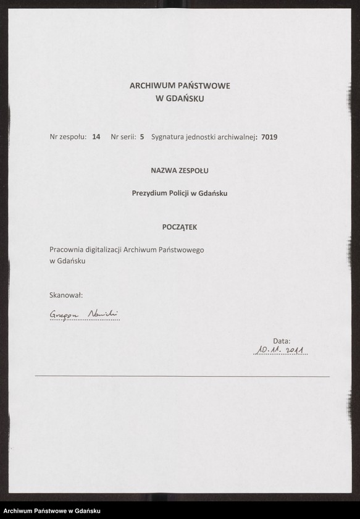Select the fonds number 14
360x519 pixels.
click(x=96, y=137)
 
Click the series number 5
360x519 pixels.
click(x=142, y=137)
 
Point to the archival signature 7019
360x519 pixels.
click(x=269, y=137)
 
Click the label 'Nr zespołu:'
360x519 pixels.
click(x=68, y=137)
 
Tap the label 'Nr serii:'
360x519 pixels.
click(x=123, y=137)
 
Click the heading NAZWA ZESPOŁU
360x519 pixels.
click(x=180, y=170)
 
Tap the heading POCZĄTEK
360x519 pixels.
click(x=180, y=227)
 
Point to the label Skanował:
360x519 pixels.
click(x=65, y=295)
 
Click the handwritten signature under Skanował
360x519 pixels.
click(x=84, y=315)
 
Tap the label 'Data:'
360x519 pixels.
click(x=282, y=340)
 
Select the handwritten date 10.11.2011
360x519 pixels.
click(x=281, y=351)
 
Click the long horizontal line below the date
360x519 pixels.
click(x=182, y=376)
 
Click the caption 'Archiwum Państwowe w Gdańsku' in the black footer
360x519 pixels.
click(x=52, y=510)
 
